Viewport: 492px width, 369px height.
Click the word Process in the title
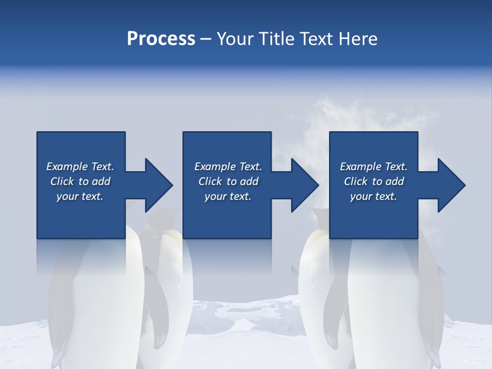click(161, 39)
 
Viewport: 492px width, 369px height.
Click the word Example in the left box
click(67, 167)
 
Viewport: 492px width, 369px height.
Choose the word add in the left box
click(101, 181)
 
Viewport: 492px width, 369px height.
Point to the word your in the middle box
click(215, 196)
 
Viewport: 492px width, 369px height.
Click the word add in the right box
click(395, 181)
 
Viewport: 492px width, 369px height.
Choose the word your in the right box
click(361, 196)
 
